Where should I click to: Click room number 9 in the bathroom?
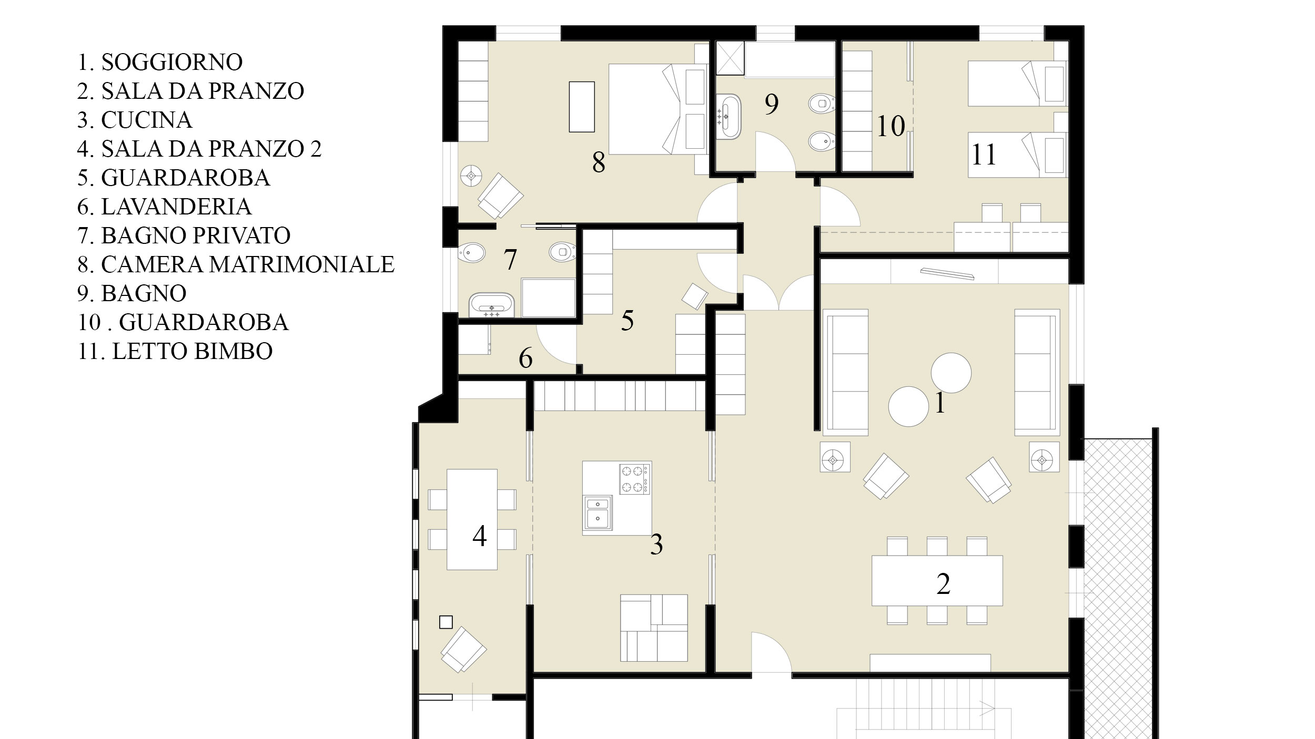pos(771,104)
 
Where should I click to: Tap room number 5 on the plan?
pos(627,321)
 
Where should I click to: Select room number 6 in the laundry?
pos(525,358)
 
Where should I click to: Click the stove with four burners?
pos(635,478)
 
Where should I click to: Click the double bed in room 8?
pos(657,109)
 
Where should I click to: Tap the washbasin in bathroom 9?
pos(726,117)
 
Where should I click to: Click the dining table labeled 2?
pos(937,580)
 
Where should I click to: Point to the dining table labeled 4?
pos(472,519)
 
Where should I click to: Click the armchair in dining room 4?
pos(463,650)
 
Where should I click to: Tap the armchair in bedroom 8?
pos(500,196)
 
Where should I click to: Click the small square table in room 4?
pos(446,622)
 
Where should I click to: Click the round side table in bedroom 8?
pos(472,176)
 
